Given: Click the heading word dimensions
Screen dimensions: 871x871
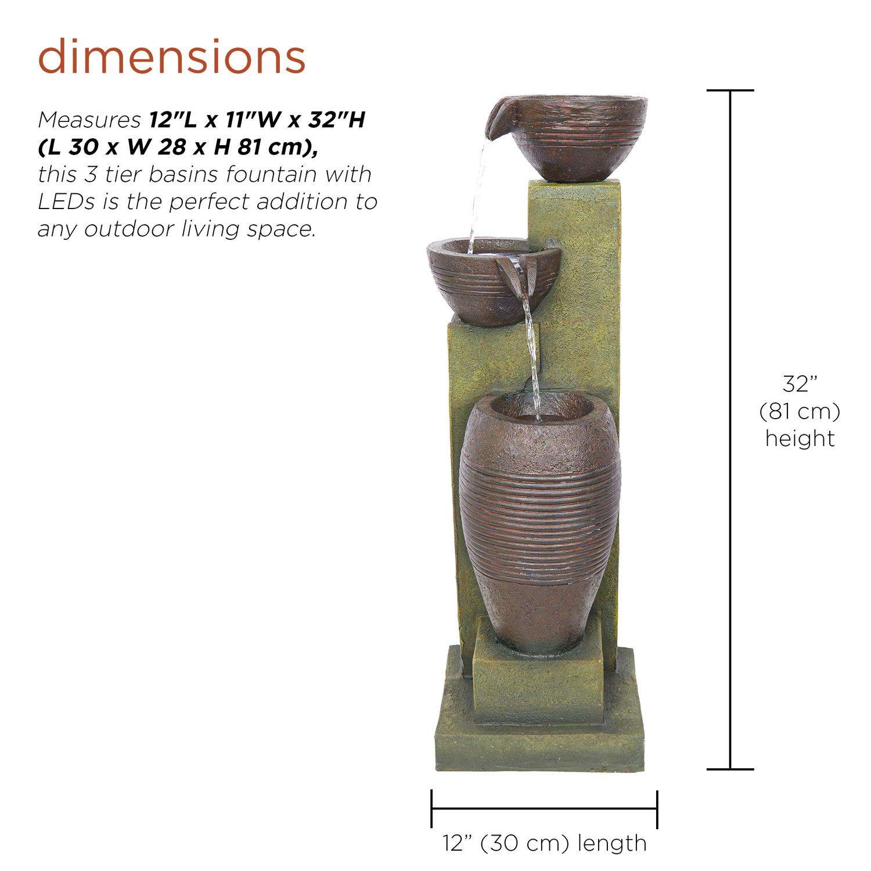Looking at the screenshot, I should pos(172,56).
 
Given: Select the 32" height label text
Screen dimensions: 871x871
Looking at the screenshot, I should pos(800,384).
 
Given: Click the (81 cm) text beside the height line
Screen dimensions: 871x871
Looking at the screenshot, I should pos(800,412).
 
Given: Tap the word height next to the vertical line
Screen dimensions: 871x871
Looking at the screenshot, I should pos(800,438).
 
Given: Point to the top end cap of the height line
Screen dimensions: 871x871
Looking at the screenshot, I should pos(730,91).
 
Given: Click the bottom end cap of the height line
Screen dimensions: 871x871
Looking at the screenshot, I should pos(730,769).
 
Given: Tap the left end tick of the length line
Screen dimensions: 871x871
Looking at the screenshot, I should pos(431,808).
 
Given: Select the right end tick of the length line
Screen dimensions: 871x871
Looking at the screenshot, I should pos(657,808).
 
